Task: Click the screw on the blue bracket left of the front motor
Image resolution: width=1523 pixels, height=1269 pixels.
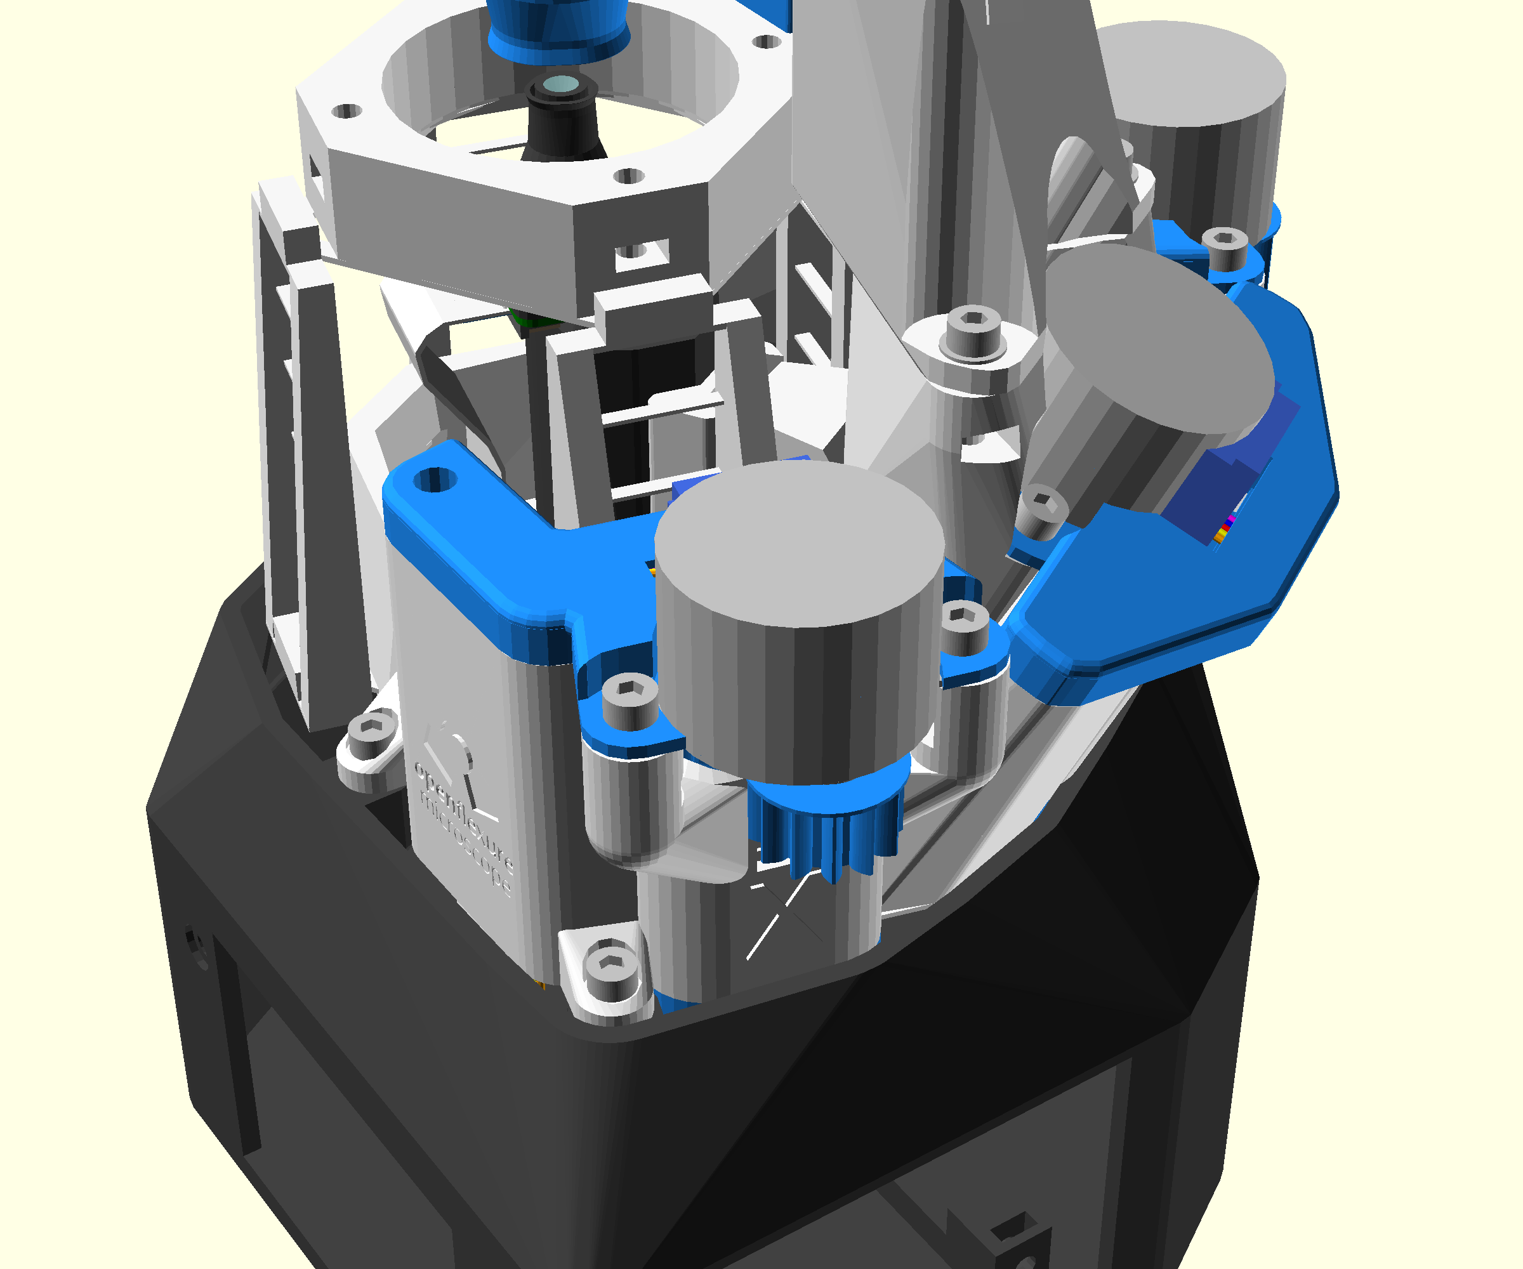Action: click(630, 700)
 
